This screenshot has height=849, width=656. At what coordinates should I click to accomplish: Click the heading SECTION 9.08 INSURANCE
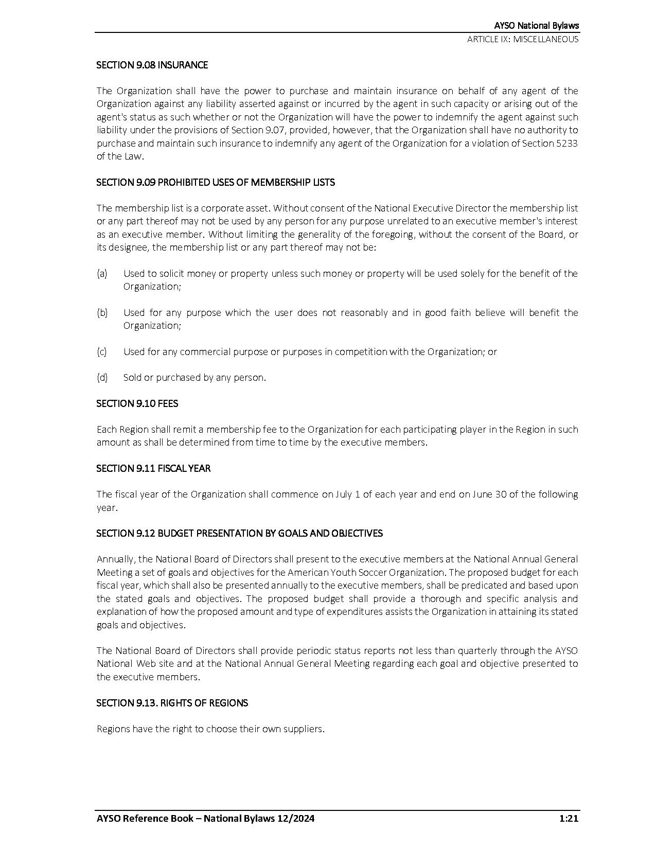click(x=152, y=65)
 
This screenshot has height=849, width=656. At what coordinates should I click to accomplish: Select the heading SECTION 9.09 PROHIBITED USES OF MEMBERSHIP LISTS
click(x=216, y=182)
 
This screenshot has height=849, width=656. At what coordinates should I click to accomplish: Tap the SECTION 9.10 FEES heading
click(x=137, y=403)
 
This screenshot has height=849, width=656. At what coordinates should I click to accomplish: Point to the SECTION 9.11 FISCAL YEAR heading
click(x=153, y=468)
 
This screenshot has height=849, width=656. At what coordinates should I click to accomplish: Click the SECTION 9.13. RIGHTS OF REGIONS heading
click(x=172, y=703)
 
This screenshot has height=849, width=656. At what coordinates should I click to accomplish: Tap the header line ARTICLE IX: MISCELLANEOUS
click(x=523, y=39)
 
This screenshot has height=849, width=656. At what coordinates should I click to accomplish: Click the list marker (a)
click(x=102, y=273)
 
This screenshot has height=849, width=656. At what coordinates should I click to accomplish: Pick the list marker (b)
click(x=102, y=312)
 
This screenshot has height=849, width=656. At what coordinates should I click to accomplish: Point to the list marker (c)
click(x=102, y=351)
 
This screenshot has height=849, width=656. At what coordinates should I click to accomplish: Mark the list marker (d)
click(x=102, y=377)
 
